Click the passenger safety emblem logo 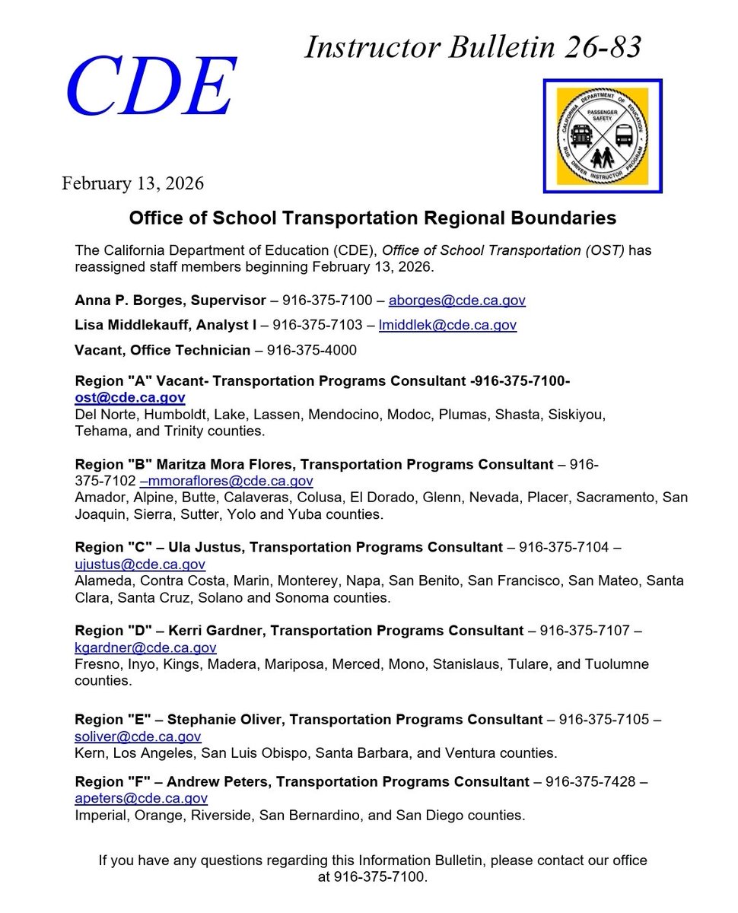603,135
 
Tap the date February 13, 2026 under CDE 132,183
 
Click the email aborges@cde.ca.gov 453,300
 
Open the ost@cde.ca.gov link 129,397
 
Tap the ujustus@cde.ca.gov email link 140,564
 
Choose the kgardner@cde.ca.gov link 145,647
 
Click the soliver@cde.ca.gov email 138,736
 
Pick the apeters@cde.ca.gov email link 141,798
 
